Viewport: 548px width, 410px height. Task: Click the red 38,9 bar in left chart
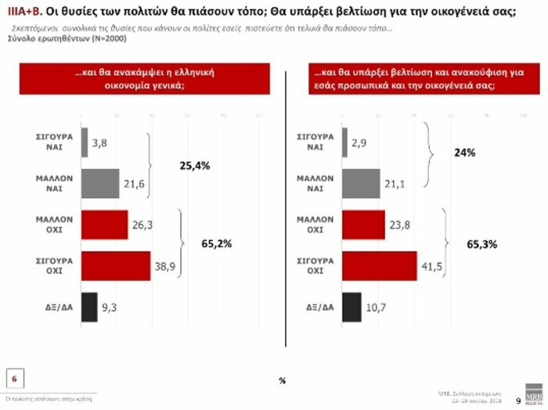[115, 265]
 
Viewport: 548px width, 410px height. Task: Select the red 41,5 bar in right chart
[380, 265]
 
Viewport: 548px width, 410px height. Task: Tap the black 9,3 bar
[89, 306]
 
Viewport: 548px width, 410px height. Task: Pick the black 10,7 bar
[352, 306]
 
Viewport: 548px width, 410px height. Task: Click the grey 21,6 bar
[100, 184]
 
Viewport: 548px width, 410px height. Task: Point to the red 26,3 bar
[104, 225]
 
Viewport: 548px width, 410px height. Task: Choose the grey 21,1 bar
[362, 184]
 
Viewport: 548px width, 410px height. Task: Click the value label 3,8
[99, 143]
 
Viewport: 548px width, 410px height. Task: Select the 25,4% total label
[193, 165]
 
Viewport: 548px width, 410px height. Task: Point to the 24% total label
[463, 153]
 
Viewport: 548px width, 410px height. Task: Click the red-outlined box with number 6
[14, 379]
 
